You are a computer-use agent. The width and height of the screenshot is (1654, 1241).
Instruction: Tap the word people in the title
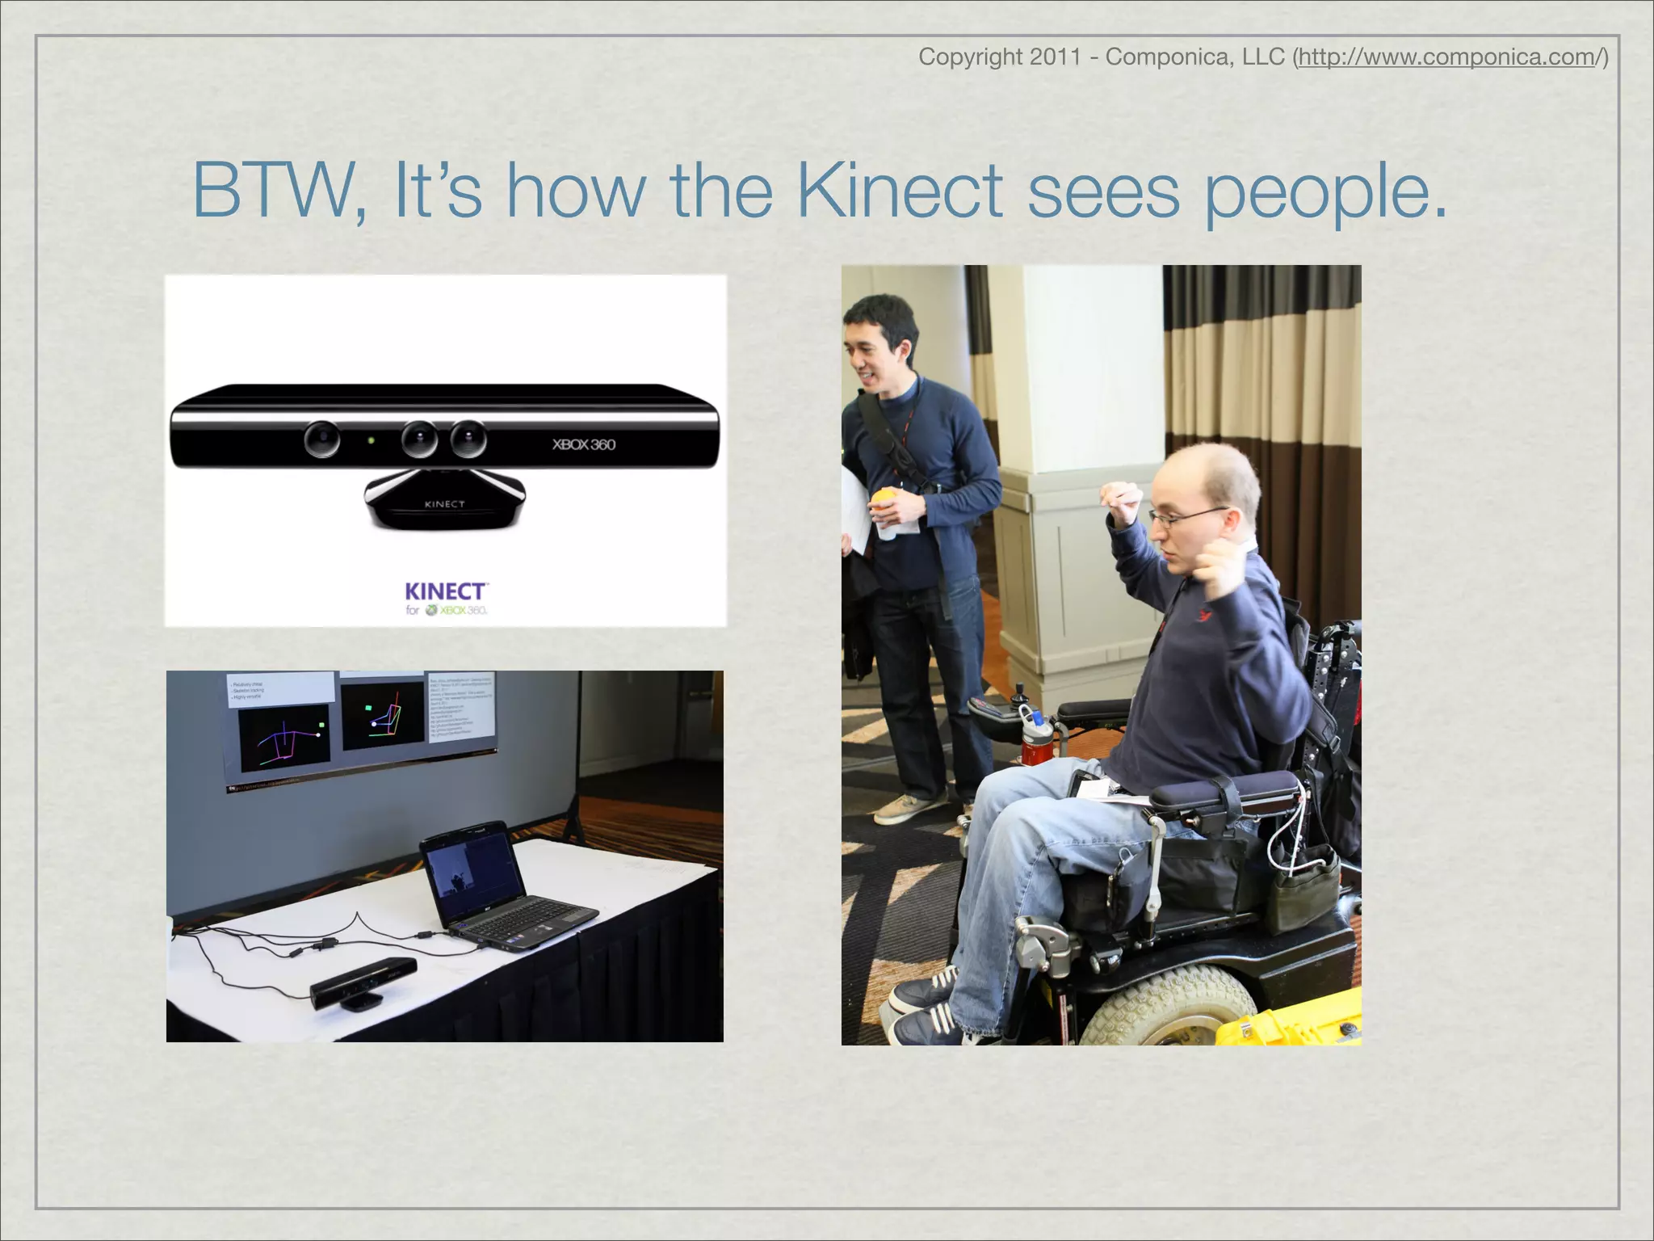click(1324, 194)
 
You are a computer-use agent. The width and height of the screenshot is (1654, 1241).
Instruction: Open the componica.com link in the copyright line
click(1450, 57)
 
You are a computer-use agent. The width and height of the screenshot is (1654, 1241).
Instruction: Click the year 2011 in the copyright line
click(1055, 57)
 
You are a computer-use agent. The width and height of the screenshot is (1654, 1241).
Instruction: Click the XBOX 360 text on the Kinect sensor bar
click(583, 444)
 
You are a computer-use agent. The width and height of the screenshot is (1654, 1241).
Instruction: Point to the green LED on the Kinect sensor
click(371, 441)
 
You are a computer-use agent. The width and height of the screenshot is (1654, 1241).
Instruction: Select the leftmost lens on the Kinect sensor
click(321, 439)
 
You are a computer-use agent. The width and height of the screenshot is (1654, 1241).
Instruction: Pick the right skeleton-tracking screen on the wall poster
click(383, 714)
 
